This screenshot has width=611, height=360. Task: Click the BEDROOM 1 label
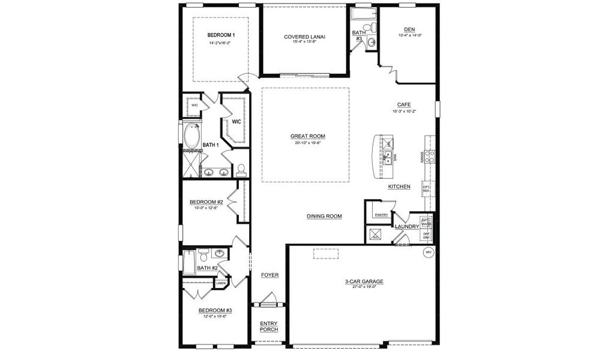221,35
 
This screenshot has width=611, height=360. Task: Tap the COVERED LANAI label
305,37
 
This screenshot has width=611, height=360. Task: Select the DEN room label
409,29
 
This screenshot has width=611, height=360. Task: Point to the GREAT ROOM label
307,136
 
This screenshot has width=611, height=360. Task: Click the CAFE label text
403,104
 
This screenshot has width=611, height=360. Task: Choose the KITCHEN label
399,187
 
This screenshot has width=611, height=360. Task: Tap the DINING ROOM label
324,216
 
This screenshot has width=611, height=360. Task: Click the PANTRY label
381,214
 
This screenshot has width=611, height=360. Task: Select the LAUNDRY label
406,226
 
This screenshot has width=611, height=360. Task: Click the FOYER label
269,275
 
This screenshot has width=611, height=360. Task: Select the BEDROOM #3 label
215,310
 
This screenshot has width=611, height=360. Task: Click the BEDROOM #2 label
206,202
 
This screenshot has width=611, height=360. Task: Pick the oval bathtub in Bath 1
192,137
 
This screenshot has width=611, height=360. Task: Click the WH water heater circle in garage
429,253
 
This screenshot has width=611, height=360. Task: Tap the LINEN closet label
221,282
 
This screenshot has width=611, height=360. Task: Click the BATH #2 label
207,268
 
